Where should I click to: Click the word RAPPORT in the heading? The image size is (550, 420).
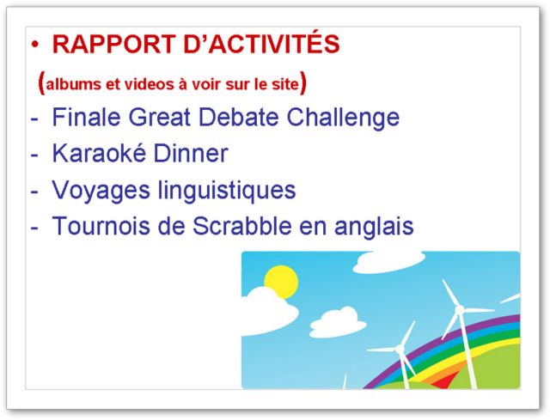pyautogui.click(x=113, y=44)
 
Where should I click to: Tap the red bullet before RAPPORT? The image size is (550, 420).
pyautogui.click(x=35, y=44)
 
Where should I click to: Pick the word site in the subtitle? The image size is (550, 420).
pyautogui.click(x=284, y=84)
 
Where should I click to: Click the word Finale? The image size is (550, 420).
pyautogui.click(x=86, y=117)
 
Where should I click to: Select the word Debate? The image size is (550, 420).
pyautogui.click(x=239, y=117)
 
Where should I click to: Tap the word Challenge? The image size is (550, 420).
pyautogui.click(x=343, y=119)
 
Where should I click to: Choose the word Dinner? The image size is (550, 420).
pyautogui.click(x=191, y=153)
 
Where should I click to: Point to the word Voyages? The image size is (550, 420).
pyautogui.click(x=101, y=192)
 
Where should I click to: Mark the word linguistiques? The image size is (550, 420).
pyautogui.click(x=227, y=192)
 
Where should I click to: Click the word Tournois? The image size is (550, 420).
pyautogui.click(x=101, y=226)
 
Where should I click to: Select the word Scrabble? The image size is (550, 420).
pyautogui.click(x=242, y=226)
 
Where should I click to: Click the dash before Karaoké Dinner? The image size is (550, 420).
pyautogui.click(x=34, y=155)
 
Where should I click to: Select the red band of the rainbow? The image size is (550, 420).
pyautogui.click(x=445, y=381)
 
